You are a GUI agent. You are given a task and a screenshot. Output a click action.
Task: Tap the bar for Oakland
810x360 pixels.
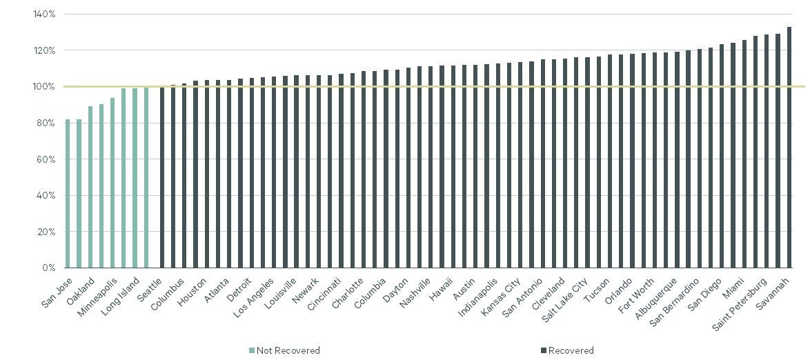click(x=90, y=187)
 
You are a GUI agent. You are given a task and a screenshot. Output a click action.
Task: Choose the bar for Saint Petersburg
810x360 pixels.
click(x=767, y=151)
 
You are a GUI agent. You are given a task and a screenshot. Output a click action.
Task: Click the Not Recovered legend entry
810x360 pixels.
click(x=284, y=350)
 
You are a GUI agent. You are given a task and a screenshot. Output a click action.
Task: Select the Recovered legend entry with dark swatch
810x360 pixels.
click(x=567, y=350)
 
